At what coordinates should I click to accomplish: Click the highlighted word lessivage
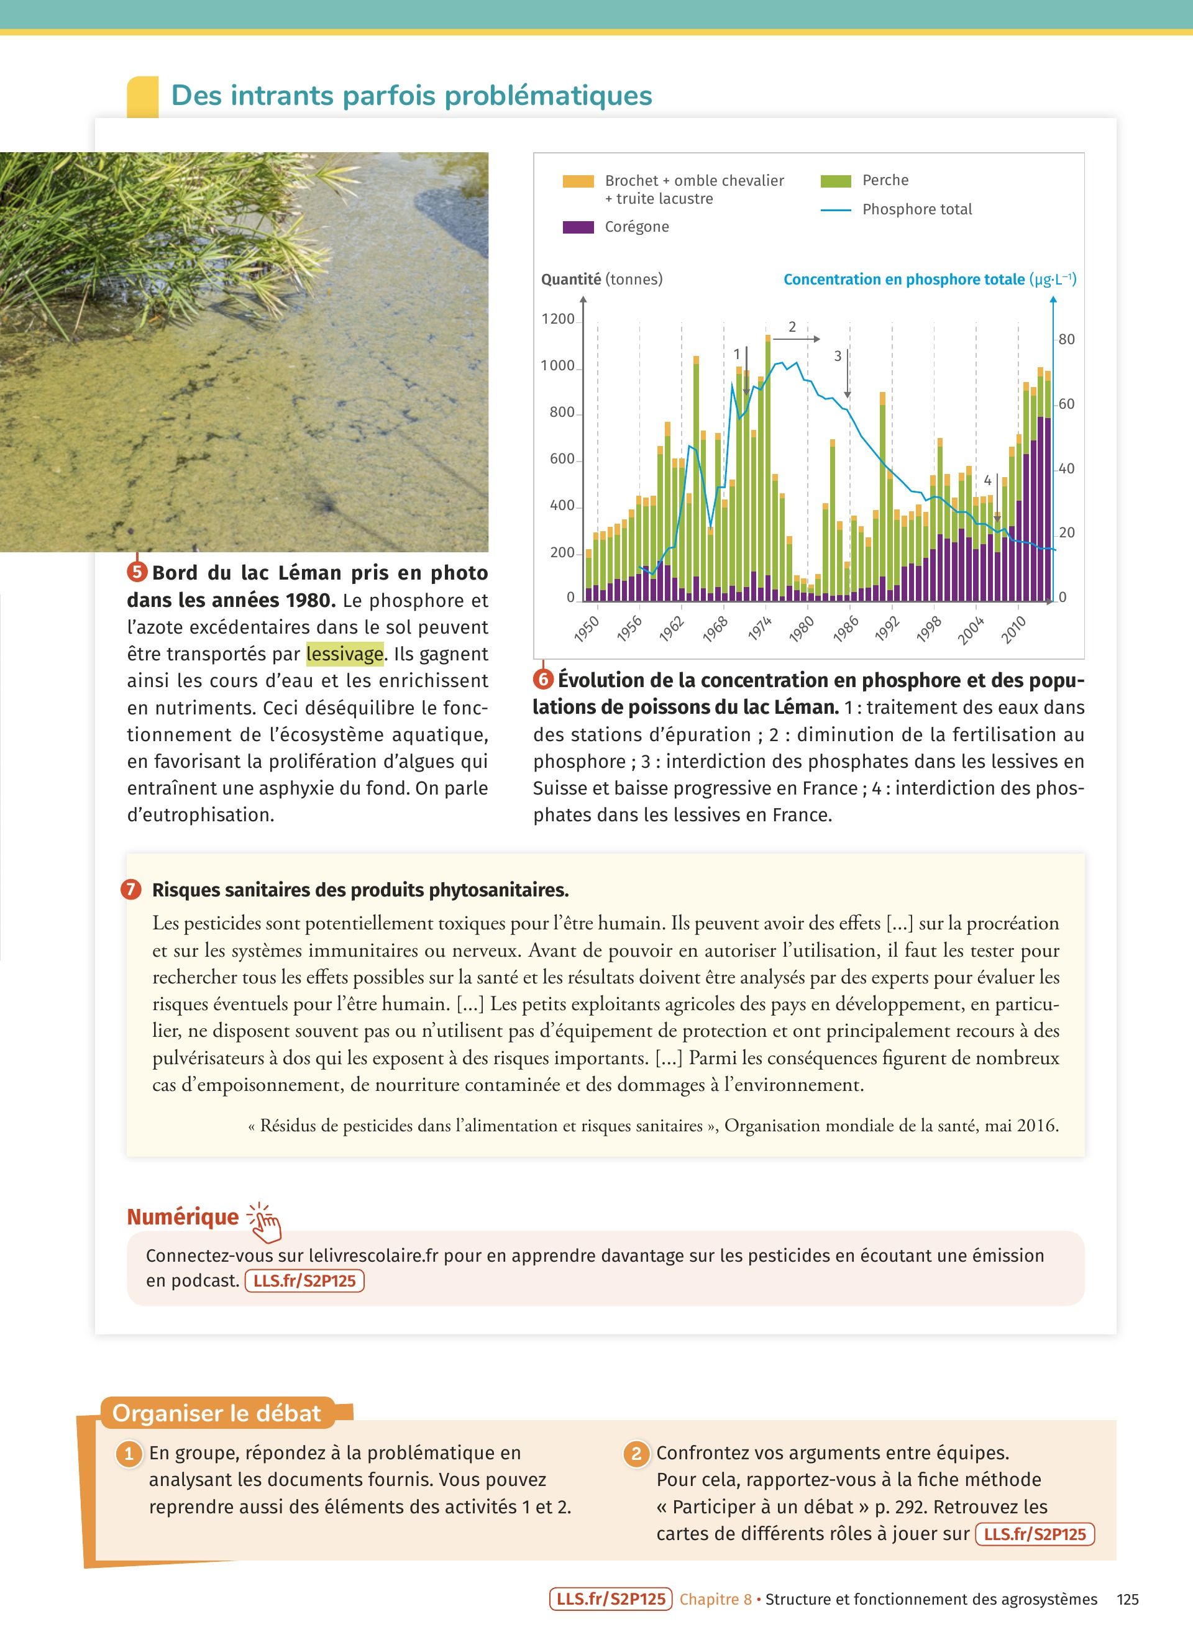tap(344, 654)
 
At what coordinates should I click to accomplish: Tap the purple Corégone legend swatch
tap(578, 227)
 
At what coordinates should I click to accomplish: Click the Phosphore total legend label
tap(916, 209)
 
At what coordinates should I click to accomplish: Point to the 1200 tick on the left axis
tap(557, 319)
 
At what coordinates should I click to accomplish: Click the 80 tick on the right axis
tap(1066, 339)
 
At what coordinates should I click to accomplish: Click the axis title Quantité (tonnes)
tap(601, 280)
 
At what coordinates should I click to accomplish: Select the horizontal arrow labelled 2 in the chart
tap(796, 339)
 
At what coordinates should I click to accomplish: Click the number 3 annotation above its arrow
tap(838, 356)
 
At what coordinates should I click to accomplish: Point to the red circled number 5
tap(137, 572)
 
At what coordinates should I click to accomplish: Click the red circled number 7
tap(131, 889)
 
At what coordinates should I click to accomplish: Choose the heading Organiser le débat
tap(216, 1413)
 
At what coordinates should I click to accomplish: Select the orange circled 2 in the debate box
tap(636, 1454)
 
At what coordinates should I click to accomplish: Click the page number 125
tap(1128, 1599)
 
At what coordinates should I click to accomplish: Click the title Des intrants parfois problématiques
tap(411, 95)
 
